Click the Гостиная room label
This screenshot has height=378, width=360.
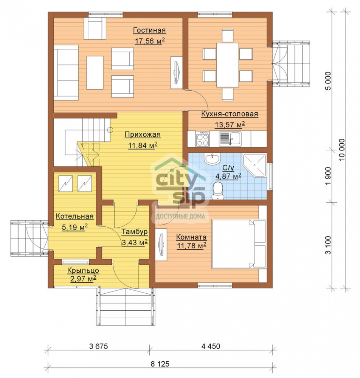pos(149,30)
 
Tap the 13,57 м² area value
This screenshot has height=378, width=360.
pos(230,125)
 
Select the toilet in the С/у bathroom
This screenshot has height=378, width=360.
pos(218,191)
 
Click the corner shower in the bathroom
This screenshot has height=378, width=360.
pos(254,165)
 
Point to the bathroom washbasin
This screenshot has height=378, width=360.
pos(212,159)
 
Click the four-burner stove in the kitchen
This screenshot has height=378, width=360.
pos(203,139)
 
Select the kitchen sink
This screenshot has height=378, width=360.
pos(230,139)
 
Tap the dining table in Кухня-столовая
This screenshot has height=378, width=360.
pos(227,65)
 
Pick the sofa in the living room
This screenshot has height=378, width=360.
pos(66,73)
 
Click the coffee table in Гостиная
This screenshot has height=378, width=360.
pos(95,73)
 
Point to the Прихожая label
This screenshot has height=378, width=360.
pos(143,135)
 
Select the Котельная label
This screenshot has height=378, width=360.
pos(75,216)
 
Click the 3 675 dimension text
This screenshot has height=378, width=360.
pos(98,346)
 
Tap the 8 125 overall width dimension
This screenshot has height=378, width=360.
pos(160,364)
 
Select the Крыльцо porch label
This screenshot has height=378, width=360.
pos(83,271)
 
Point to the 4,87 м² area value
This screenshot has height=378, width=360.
pos(228,176)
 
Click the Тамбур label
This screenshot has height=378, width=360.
pos(135,232)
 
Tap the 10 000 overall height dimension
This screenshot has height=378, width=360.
pos(342,150)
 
